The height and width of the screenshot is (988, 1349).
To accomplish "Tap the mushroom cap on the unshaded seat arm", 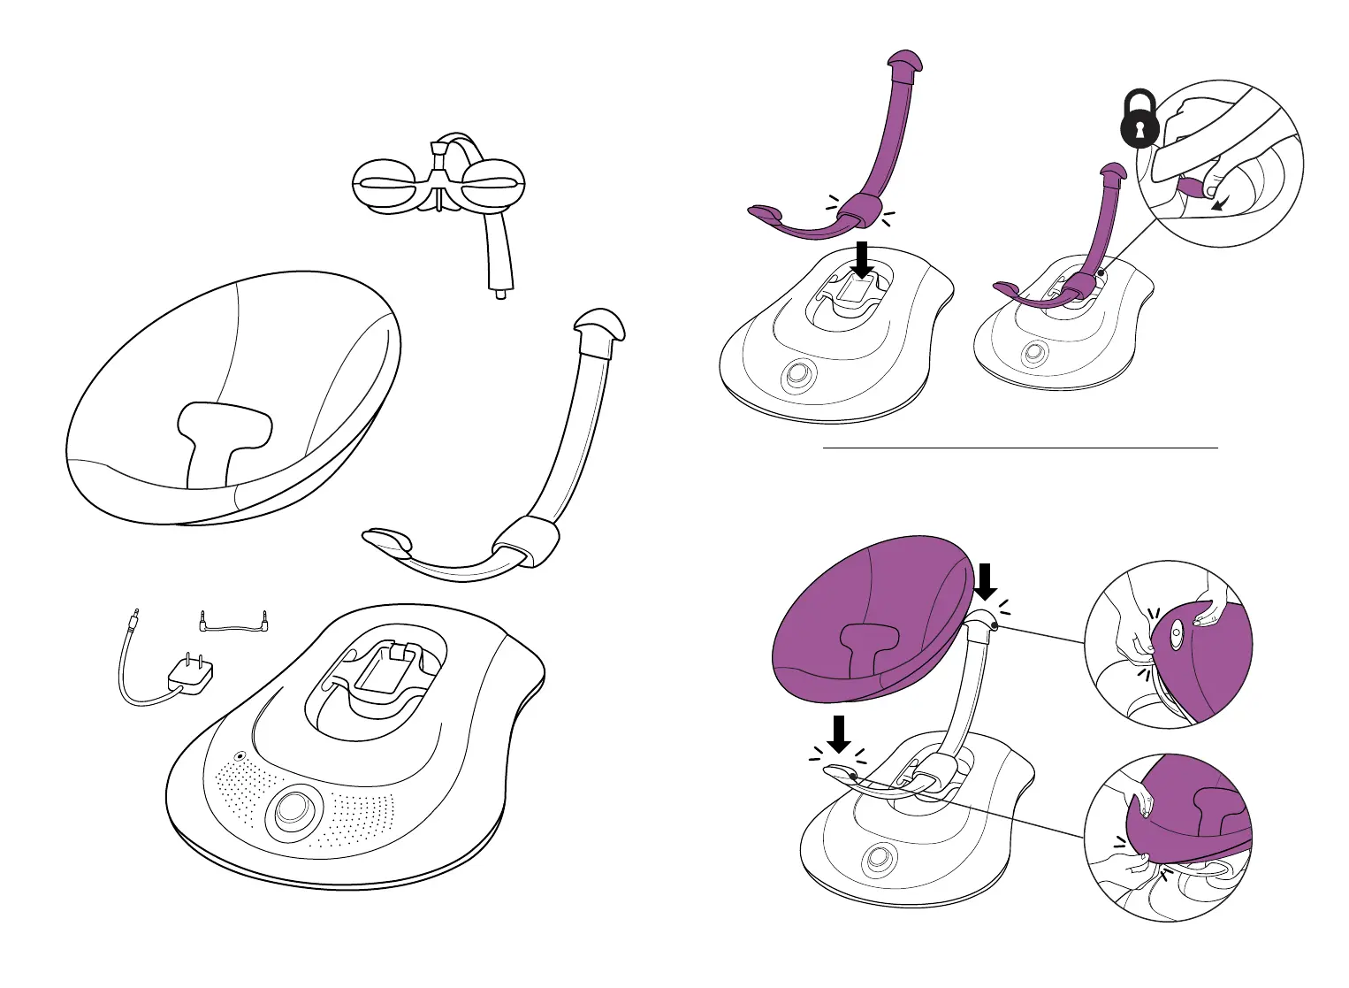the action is [x=598, y=326].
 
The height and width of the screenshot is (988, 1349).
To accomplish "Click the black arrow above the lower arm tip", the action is [x=839, y=732].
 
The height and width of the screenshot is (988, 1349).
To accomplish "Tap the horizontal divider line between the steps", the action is [x=1020, y=448].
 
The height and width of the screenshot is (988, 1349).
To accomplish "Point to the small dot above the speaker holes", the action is [x=240, y=757].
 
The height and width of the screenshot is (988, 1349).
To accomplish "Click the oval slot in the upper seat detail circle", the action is [x=1177, y=634].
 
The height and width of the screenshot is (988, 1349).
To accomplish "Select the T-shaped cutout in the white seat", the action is [x=221, y=433].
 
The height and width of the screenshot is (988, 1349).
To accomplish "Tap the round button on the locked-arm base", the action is [x=1032, y=355].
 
